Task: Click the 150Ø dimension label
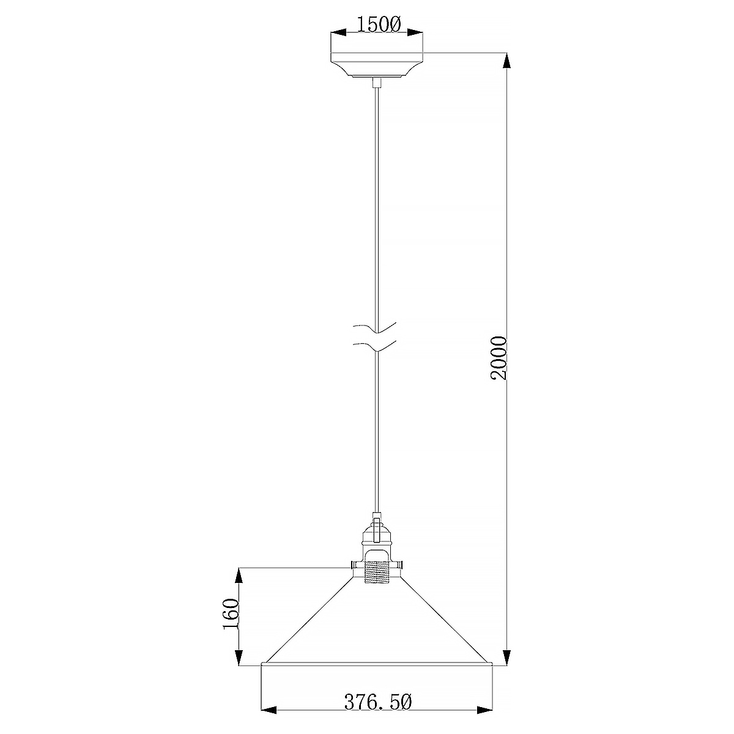[379, 26]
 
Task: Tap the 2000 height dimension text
[499, 358]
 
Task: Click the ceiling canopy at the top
[376, 65]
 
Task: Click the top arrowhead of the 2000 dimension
[506, 61]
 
